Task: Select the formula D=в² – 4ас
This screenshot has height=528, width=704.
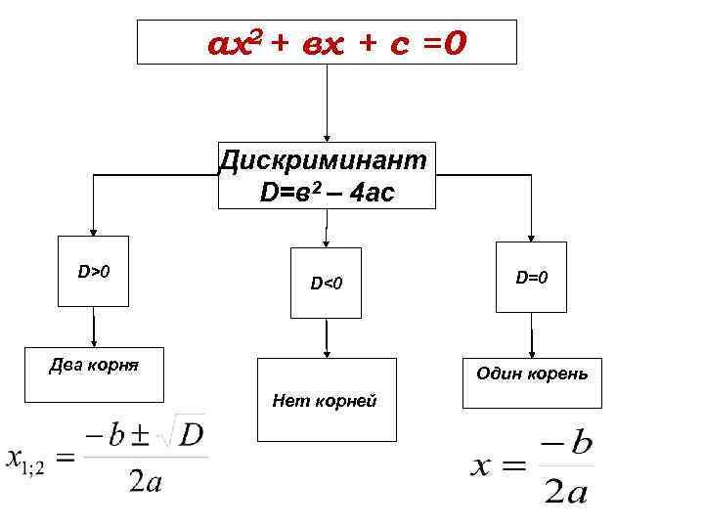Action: pyautogui.click(x=327, y=193)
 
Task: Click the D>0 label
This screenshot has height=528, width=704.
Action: pyautogui.click(x=94, y=268)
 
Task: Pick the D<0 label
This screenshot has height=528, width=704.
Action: pyautogui.click(x=326, y=284)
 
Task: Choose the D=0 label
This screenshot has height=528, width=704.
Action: pyautogui.click(x=531, y=278)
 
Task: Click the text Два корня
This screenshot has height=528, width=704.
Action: pyautogui.click(x=94, y=367)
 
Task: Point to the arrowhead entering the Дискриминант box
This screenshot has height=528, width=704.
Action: pyautogui.click(x=326, y=139)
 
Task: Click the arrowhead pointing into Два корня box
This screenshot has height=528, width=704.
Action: pyautogui.click(x=94, y=341)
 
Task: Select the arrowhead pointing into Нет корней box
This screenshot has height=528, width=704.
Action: pyautogui.click(x=326, y=353)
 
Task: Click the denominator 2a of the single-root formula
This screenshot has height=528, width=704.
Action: pyautogui.click(x=565, y=492)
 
